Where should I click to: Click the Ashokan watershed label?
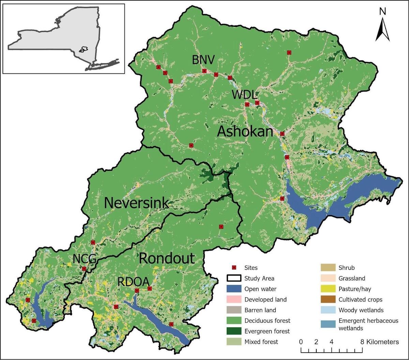point(245,131)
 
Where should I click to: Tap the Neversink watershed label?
point(136,203)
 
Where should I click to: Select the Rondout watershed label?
point(167,258)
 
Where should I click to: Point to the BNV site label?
point(203,60)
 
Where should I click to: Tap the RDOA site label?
point(133,282)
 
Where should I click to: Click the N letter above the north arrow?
point(382,11)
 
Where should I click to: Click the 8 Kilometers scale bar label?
point(379,342)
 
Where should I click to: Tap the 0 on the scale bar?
point(301,342)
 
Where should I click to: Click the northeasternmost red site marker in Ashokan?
point(289,52)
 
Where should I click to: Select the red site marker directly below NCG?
point(84,269)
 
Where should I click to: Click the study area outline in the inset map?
point(82,49)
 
